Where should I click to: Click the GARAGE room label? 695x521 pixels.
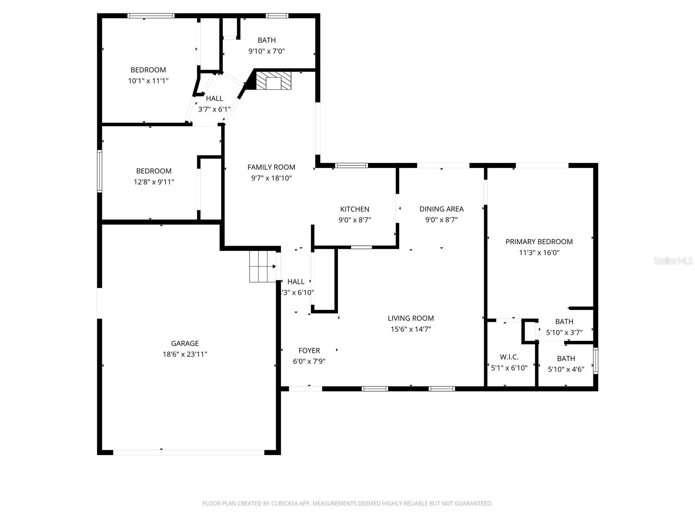pos(185,343)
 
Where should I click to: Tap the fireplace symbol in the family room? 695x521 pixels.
pos(273,81)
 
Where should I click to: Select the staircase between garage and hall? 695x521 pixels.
pos(262,267)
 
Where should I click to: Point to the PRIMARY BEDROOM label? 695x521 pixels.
pos(539,241)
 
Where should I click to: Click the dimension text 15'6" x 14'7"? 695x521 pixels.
pos(410,329)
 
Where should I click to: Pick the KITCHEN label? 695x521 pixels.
pos(354,209)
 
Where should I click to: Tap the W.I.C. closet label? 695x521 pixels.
pos(509,357)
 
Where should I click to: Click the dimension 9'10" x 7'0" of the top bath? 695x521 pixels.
pos(266,51)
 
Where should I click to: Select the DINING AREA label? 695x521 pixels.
pos(441,209)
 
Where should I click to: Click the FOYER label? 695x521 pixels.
pos(309,350)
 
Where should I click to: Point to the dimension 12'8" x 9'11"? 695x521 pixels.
pos(154,182)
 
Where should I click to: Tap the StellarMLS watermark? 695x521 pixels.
pos(673,260)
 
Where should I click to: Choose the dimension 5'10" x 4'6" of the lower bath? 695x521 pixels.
pos(566,369)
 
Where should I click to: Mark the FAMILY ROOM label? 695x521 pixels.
pos(271,167)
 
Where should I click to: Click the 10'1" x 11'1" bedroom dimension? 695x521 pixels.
pos(148,81)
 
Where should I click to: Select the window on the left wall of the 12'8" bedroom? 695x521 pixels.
pos(99,171)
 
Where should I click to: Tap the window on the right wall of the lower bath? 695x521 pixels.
pos(596,361)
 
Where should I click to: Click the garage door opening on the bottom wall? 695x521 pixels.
pos(189,452)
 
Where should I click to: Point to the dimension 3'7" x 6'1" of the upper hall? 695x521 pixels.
pos(214,109)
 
